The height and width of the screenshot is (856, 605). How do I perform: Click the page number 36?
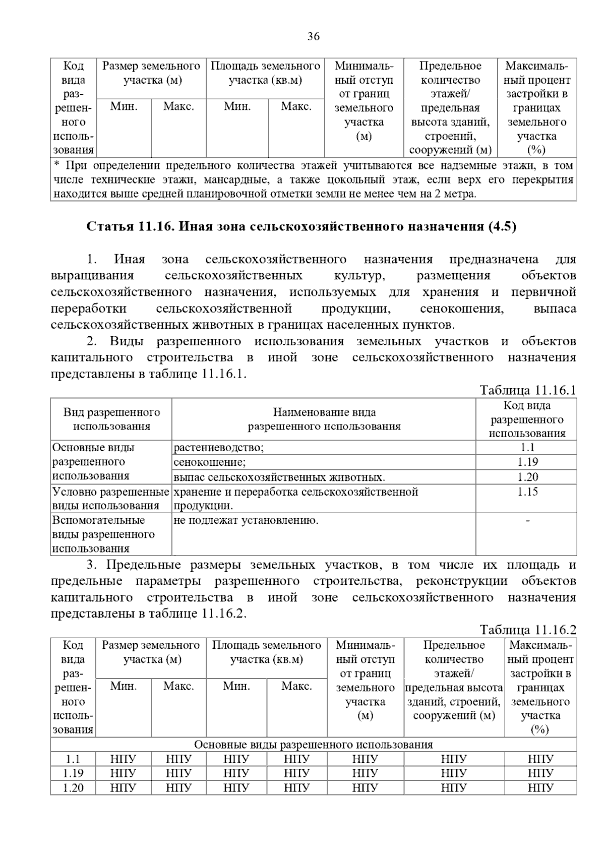coord(313,36)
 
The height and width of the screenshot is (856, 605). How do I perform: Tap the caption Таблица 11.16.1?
coord(527,390)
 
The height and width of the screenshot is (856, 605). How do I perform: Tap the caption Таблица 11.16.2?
coord(527,630)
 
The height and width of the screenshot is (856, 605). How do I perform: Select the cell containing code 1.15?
coord(527,492)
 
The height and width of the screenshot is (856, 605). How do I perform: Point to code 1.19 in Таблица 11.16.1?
coord(527,462)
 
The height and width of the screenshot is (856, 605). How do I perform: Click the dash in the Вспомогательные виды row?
coord(527,520)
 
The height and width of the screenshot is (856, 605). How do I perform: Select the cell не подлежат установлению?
coord(246,520)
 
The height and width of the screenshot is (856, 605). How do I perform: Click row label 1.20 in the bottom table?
coord(73,787)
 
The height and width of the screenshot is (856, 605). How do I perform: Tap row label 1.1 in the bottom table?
coord(73,759)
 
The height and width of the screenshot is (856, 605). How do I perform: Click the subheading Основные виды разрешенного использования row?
coord(313,745)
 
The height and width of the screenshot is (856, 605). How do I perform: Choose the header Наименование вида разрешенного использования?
coord(324,419)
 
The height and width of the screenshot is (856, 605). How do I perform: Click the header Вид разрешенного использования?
coord(111,419)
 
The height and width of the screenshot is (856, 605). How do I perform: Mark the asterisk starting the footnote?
coord(56,165)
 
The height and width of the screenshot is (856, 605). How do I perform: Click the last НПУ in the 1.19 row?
coord(540,773)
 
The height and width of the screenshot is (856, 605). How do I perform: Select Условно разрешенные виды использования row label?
coord(110,499)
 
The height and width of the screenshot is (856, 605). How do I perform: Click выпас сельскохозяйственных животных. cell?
coord(279,477)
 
